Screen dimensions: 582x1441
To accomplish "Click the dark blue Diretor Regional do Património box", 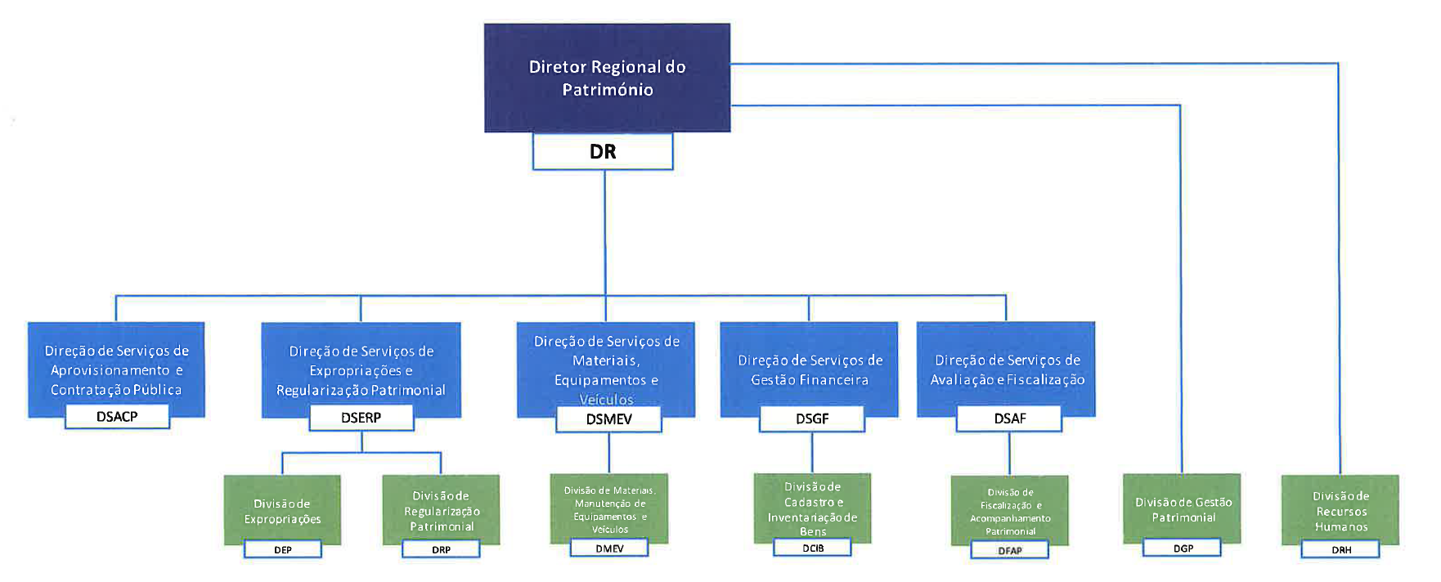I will [x=607, y=78].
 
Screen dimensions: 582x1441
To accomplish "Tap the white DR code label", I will [x=603, y=151].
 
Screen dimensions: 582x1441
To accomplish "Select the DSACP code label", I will [x=117, y=416].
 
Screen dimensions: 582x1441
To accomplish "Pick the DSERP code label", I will [x=361, y=417].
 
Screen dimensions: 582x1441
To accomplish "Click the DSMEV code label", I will [x=608, y=419].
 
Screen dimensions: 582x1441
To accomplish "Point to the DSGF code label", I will [x=812, y=419].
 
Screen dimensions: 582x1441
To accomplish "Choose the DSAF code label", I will [x=1009, y=419].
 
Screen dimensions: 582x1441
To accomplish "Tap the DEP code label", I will [x=283, y=549].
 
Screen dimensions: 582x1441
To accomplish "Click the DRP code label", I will [x=441, y=549].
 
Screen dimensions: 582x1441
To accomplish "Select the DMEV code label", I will [x=609, y=548].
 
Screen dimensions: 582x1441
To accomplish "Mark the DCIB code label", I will [x=813, y=548].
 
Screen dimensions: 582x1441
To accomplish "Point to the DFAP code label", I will [x=1010, y=550].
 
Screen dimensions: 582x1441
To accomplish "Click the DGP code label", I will [x=1183, y=548].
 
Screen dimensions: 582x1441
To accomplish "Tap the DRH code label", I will [x=1341, y=549].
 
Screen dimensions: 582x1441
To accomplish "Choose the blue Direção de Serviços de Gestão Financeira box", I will [x=809, y=368].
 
